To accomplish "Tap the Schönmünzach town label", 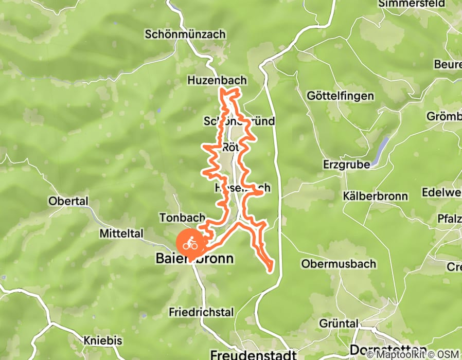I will point(185,34).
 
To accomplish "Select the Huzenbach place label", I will point(217,81).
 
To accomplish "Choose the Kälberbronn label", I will point(376,196).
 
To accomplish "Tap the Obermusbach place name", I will point(339,264).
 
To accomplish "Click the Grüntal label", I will point(339,323).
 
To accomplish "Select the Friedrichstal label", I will point(201,312).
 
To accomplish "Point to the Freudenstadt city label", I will point(253,355).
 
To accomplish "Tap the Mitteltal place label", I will point(121,233).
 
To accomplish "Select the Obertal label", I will point(68,201).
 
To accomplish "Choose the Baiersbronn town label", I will point(194,259).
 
